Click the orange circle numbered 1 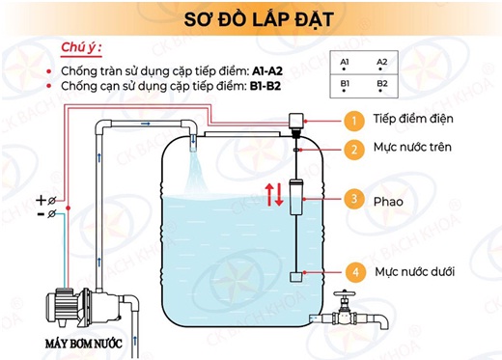[x=355, y=120]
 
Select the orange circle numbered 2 [x=355, y=149]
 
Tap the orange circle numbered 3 [x=355, y=201]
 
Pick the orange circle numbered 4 [x=355, y=272]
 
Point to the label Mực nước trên [x=413, y=149]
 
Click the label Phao [x=389, y=202]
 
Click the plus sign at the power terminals [x=40, y=200]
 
